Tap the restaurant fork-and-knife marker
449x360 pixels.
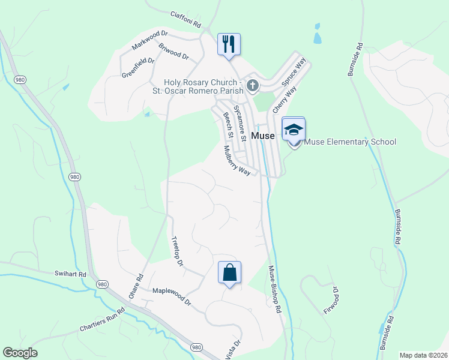click(x=229, y=44)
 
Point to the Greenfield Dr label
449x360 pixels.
click(x=138, y=67)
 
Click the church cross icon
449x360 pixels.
click(x=253, y=86)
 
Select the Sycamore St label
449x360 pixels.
click(x=240, y=123)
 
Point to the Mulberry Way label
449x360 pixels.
click(x=237, y=160)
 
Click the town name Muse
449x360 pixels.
click(x=263, y=136)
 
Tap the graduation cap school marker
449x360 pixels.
click(x=294, y=130)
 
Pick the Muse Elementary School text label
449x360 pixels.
click(x=351, y=142)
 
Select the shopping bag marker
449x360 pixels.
click(x=229, y=273)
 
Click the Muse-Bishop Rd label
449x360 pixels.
click(x=274, y=290)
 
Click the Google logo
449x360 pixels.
click(x=20, y=353)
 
